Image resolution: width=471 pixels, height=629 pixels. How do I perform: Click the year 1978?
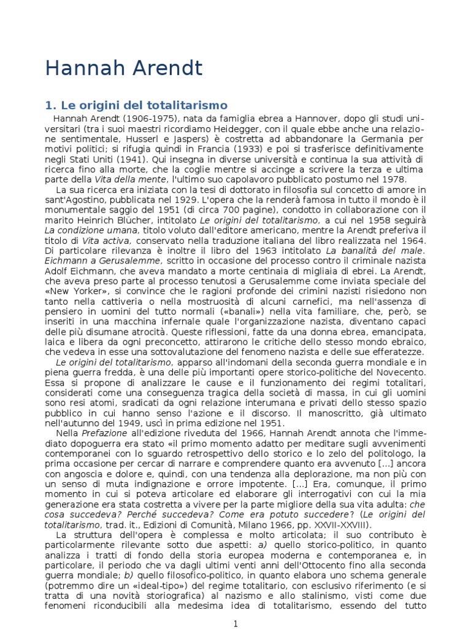pyautogui.click(x=392, y=179)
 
